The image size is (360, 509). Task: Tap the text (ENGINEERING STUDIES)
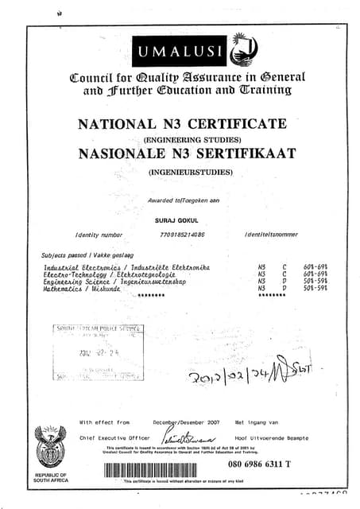182,139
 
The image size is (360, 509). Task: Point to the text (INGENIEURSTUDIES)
183,171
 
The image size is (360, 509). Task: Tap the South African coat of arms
51,447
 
